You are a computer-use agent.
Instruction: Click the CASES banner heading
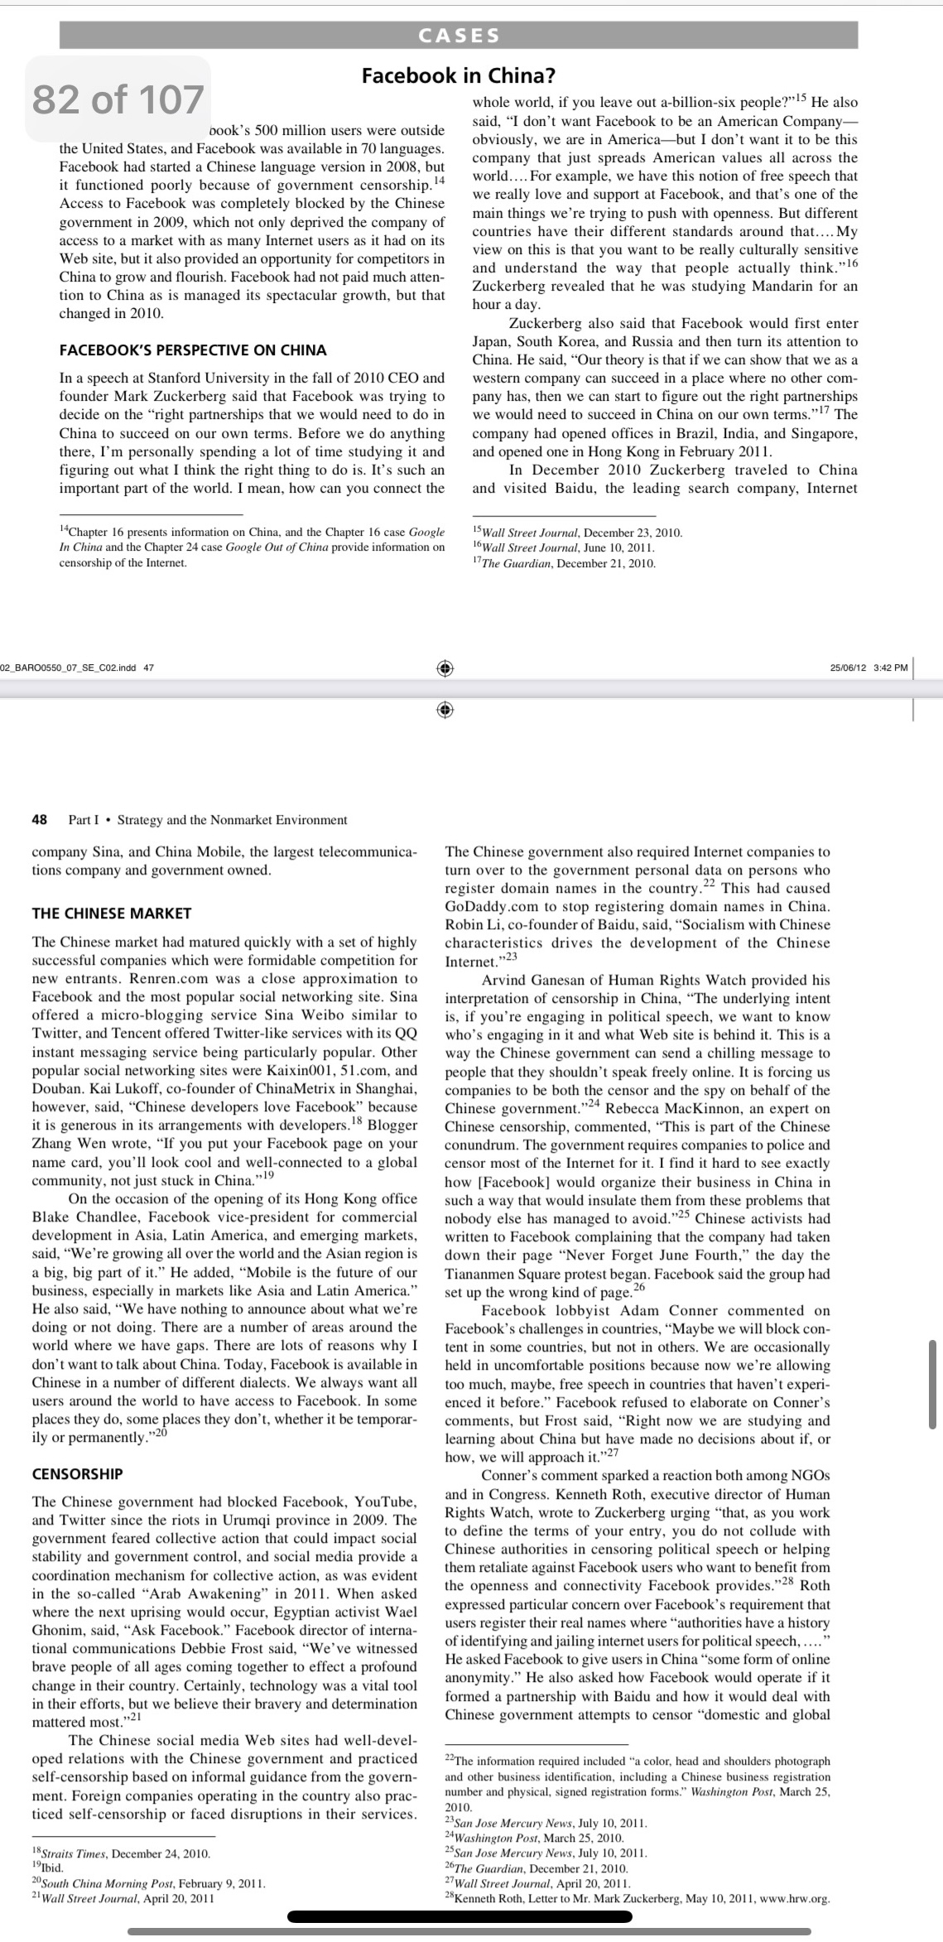(x=459, y=36)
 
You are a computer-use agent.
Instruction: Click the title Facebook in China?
(x=459, y=75)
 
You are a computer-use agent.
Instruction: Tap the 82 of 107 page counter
(x=118, y=99)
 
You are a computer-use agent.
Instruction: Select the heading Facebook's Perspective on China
(x=193, y=350)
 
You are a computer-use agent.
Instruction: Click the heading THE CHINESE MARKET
(x=111, y=913)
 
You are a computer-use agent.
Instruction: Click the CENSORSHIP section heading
(x=77, y=1474)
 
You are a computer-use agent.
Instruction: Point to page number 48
(x=39, y=820)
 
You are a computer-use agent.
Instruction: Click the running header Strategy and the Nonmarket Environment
(x=232, y=820)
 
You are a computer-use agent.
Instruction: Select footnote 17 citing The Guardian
(x=564, y=564)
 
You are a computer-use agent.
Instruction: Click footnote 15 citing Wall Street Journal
(x=577, y=532)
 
